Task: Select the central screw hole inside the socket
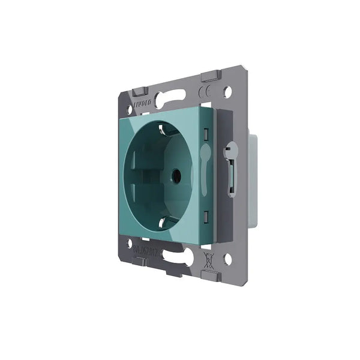point(177,176)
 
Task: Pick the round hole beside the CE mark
point(227,93)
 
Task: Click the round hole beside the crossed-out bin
point(227,259)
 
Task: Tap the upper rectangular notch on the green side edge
point(207,133)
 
